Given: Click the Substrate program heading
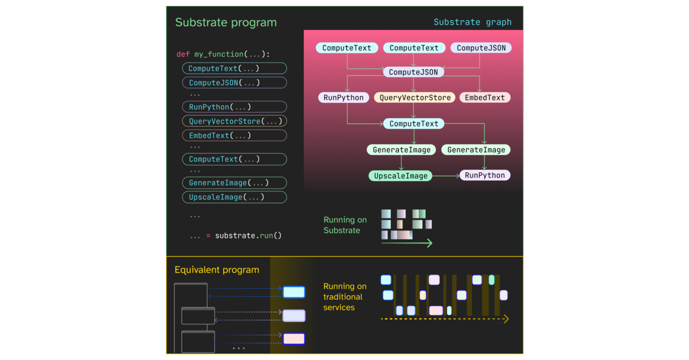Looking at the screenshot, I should [226, 22].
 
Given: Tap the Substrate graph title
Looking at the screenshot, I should [472, 22].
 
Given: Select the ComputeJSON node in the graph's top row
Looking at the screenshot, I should [481, 48].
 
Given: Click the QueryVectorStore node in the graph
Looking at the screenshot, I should [415, 98].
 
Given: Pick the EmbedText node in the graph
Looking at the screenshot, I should [485, 98].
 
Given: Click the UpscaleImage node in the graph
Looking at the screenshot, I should [400, 176].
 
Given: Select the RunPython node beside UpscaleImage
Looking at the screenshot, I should [485, 175].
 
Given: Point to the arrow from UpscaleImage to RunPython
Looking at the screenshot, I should [446, 176].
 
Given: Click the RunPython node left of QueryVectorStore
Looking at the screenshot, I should [343, 98].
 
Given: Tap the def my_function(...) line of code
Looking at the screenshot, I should [223, 54].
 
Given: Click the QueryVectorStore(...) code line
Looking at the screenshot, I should [235, 121].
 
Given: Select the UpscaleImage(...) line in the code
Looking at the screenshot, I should [226, 197].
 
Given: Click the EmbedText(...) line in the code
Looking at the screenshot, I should [219, 136].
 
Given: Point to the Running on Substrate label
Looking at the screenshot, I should [344, 225].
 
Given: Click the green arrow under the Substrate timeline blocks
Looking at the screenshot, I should [407, 243].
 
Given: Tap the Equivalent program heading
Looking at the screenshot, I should [216, 270].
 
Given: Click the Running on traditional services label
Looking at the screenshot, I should [344, 297].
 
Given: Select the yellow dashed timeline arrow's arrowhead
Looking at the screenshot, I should [506, 319].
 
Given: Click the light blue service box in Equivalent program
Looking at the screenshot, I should [293, 292].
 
